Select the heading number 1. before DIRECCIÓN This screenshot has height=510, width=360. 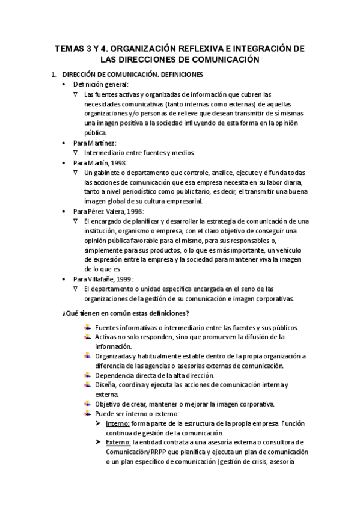pyautogui.click(x=54, y=75)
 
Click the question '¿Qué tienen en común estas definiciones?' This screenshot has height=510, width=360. pyautogui.click(x=126, y=313)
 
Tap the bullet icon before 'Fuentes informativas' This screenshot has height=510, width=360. pyautogui.click(x=88, y=327)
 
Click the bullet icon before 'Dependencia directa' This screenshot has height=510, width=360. pyautogui.click(x=88, y=375)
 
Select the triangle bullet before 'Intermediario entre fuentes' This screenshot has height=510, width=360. pyautogui.click(x=75, y=153)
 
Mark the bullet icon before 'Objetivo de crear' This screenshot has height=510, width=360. pyautogui.click(x=88, y=404)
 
